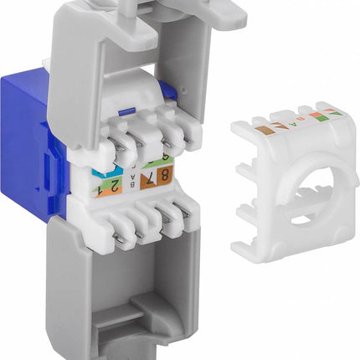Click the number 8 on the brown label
(x=165, y=176)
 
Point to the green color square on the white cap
(x=334, y=111)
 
